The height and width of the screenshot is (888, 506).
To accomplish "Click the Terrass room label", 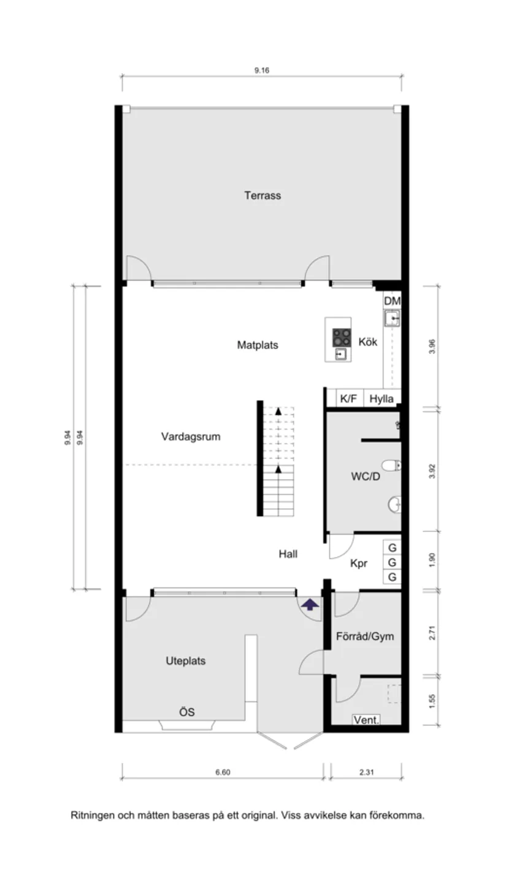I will (x=263, y=196).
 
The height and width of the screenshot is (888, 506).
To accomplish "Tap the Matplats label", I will (x=258, y=345).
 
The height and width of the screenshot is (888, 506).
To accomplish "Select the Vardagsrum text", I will (x=191, y=437).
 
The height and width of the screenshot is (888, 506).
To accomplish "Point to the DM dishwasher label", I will (x=392, y=301).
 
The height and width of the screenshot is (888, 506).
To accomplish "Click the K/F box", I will (x=348, y=398).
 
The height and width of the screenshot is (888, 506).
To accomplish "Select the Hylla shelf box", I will (x=381, y=398).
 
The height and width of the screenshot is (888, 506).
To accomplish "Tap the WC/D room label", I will (x=366, y=476).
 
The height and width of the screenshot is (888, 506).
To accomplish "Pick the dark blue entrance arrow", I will (x=310, y=605).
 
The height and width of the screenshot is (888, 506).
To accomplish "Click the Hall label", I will (x=288, y=554).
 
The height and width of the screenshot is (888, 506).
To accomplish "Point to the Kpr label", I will (x=359, y=563).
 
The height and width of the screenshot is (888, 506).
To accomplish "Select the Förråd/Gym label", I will (x=365, y=636).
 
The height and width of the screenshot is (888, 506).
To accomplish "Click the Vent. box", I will (x=367, y=720).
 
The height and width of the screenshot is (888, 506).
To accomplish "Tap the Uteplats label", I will (x=185, y=661).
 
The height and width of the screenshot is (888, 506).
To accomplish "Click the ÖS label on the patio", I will (x=187, y=712).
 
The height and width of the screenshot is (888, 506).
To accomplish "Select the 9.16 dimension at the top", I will (x=262, y=70).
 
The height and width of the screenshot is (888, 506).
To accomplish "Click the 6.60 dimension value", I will (x=223, y=773).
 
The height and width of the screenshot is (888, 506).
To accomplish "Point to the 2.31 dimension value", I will (x=366, y=773).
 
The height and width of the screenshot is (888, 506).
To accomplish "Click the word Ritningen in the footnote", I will (x=92, y=816).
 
